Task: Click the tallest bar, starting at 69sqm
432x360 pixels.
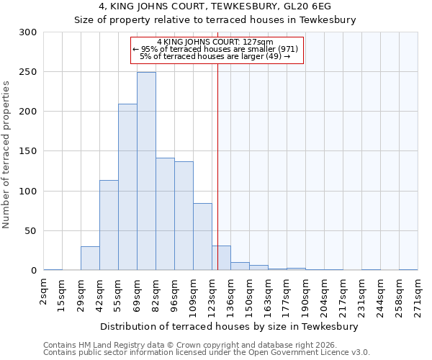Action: click(146, 171)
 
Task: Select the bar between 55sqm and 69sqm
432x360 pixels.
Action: click(127, 187)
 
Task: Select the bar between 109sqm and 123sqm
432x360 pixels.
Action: click(202, 237)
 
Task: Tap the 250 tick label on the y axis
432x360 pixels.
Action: click(27, 72)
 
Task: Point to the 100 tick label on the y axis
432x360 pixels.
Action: click(27, 192)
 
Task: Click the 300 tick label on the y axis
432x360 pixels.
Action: click(27, 32)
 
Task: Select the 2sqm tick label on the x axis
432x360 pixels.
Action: click(45, 294)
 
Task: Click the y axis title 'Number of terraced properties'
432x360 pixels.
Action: click(6, 154)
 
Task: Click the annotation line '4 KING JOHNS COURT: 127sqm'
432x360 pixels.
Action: click(215, 42)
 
